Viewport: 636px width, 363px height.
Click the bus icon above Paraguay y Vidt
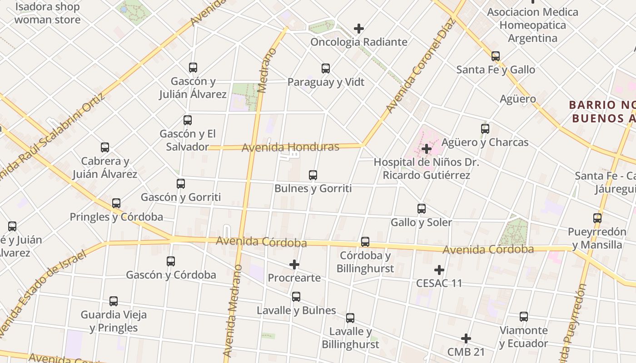(x=326, y=69)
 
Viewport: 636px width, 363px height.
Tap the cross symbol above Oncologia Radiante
(x=359, y=29)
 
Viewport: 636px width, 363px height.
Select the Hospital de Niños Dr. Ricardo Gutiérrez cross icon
(x=426, y=148)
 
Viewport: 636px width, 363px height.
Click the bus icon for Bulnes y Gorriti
(x=313, y=175)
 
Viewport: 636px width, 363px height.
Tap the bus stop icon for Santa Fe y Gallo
(x=495, y=56)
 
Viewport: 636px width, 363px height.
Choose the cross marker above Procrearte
(x=294, y=264)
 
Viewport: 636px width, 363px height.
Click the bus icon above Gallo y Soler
(x=422, y=209)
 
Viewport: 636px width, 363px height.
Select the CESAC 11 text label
(x=439, y=283)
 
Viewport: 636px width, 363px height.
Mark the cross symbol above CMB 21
(x=466, y=338)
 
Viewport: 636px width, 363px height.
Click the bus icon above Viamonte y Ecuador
(x=524, y=317)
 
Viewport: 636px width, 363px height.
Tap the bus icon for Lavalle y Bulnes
(x=296, y=297)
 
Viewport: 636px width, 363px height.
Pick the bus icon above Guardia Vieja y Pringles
(x=114, y=301)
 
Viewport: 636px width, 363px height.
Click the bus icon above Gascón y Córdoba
(x=171, y=261)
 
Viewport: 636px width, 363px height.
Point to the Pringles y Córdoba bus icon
(x=116, y=203)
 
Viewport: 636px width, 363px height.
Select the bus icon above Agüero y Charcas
(x=485, y=129)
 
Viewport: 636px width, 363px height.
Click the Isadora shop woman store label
(x=47, y=13)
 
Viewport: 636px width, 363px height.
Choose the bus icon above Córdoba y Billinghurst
(x=365, y=242)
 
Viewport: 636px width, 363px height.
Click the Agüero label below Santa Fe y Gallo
(x=518, y=99)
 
